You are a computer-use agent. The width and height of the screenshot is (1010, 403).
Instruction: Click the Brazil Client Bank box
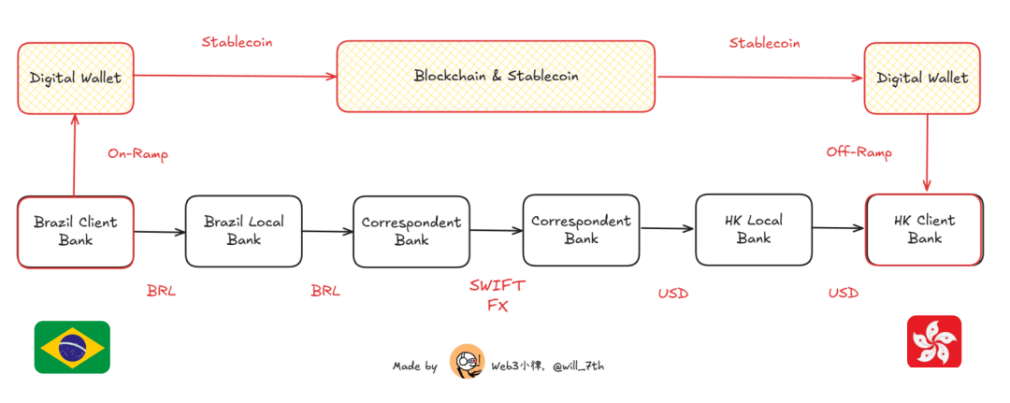click(x=75, y=230)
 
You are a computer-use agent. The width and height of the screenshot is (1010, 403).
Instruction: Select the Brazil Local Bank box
click(x=243, y=230)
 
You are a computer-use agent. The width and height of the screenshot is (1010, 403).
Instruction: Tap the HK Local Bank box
click(x=753, y=230)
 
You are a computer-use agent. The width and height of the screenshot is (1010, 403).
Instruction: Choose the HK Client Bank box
click(x=924, y=230)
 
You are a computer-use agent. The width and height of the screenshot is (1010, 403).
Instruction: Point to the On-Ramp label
click(x=137, y=154)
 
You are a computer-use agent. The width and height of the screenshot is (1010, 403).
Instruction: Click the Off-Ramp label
click(x=858, y=151)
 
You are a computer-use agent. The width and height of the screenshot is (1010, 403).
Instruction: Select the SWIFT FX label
click(x=497, y=294)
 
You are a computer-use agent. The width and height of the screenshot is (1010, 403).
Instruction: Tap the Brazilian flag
click(x=73, y=346)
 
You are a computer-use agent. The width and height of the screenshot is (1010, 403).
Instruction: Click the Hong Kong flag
click(x=933, y=341)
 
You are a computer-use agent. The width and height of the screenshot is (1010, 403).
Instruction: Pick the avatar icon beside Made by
click(x=467, y=362)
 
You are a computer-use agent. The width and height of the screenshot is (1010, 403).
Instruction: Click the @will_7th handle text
click(x=577, y=366)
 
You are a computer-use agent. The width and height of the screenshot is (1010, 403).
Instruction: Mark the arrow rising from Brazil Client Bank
click(x=75, y=154)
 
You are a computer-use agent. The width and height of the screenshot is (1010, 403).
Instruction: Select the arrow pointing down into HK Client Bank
click(x=926, y=154)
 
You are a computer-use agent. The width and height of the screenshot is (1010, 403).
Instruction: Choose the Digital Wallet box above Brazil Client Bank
click(x=75, y=78)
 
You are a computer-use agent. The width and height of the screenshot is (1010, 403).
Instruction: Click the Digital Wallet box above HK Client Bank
click(x=922, y=78)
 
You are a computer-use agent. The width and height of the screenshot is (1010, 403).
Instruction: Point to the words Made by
click(x=414, y=367)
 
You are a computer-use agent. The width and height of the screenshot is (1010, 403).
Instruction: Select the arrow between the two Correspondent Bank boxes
click(x=496, y=231)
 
